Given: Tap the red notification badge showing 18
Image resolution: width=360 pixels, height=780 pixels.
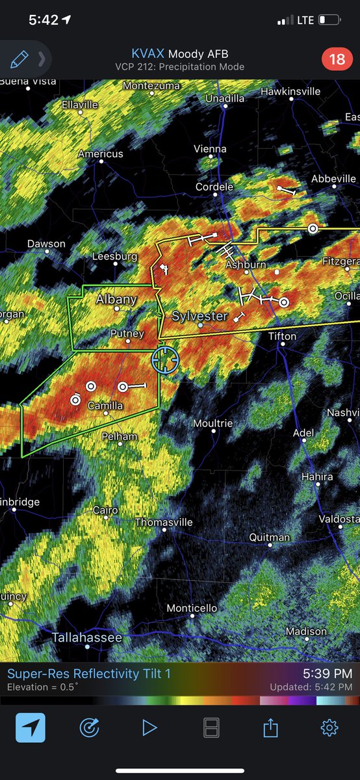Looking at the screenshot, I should [337, 60].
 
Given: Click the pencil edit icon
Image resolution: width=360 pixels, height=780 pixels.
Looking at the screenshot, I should [19, 60].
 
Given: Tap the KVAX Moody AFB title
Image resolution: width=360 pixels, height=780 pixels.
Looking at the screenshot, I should [179, 54].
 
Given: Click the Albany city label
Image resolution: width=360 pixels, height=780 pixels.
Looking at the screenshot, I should [116, 300].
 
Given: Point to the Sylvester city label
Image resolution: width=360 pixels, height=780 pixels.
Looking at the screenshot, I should [199, 317].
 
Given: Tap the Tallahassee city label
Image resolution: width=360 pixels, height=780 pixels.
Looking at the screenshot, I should [86, 638].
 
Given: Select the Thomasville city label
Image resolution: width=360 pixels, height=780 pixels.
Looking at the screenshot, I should [164, 523].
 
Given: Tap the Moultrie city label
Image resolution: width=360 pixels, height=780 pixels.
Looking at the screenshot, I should [213, 423].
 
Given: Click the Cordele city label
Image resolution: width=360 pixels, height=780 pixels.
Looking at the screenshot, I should [214, 187].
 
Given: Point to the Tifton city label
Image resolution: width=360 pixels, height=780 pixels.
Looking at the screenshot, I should [283, 336].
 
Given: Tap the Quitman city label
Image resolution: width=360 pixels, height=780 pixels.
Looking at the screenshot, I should [270, 538].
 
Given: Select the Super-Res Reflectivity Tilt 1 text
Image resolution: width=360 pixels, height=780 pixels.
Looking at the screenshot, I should [89, 674].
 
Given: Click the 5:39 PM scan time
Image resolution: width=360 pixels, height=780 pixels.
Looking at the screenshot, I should [328, 674].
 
